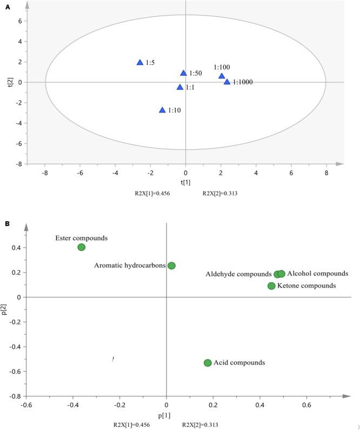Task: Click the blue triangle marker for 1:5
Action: pos(140,63)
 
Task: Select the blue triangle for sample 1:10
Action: pos(162,110)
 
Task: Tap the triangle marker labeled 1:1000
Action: pos(227,82)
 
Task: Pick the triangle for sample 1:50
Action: pos(183,73)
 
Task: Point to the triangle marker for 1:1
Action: pos(180,87)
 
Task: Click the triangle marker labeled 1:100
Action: pos(222,76)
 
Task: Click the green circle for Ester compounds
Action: pos(82,247)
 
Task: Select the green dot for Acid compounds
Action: pos(208,362)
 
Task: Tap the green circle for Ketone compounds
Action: pos(271,286)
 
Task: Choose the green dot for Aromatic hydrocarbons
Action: pos(172,266)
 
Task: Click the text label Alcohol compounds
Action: pos(317,274)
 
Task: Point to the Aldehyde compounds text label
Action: pos(238,274)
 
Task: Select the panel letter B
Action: pos(7,223)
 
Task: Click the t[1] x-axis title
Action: pos(185,182)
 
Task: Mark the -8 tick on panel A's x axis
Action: pos(45,173)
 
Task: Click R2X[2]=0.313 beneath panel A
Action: pos(219,193)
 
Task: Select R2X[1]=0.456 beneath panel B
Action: pos(131,425)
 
